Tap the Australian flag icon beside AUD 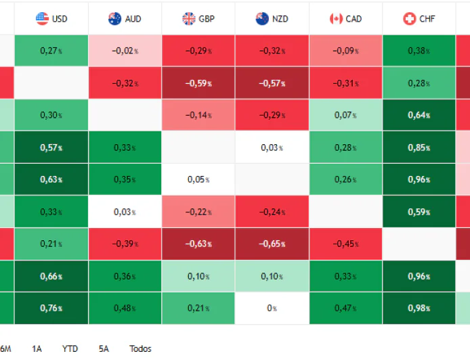coord(115,19)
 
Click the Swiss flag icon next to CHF coord(409,19)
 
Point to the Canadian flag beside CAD coord(336,19)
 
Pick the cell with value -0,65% coord(272,244)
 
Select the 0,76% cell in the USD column coord(51,309)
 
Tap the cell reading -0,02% coord(125,51)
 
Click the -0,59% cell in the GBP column coord(198,84)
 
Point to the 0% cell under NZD coord(272,309)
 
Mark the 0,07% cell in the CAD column coord(345,116)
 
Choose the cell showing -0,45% coord(345,244)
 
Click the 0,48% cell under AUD coord(125,309)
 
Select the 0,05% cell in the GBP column coord(198,180)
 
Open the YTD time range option coord(70,348)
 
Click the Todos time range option coord(140,348)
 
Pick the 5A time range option coord(104,348)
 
